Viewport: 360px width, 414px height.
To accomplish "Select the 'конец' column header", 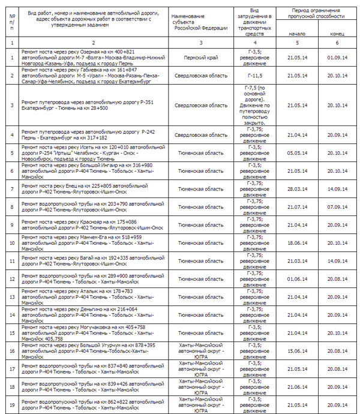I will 338,34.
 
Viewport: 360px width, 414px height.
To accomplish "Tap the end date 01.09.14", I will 338,58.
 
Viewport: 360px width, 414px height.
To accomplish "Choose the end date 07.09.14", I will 338,207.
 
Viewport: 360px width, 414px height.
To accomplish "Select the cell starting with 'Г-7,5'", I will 254,106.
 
